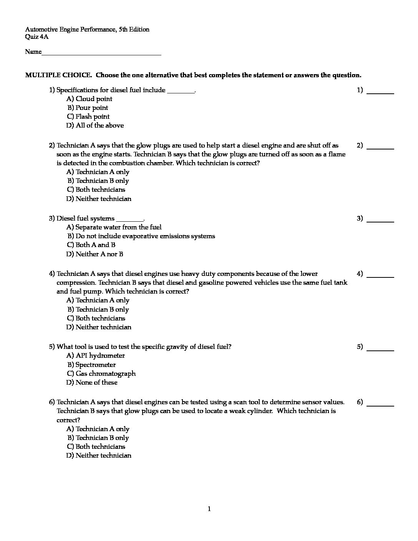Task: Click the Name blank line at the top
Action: (101, 54)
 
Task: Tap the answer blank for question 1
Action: (380, 92)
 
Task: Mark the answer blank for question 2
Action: (380, 147)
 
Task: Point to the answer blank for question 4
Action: (380, 275)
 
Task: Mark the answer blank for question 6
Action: (380, 404)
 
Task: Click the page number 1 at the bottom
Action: (209, 509)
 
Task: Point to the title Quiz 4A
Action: (37, 37)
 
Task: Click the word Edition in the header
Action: (139, 30)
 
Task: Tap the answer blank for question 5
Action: (380, 349)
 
